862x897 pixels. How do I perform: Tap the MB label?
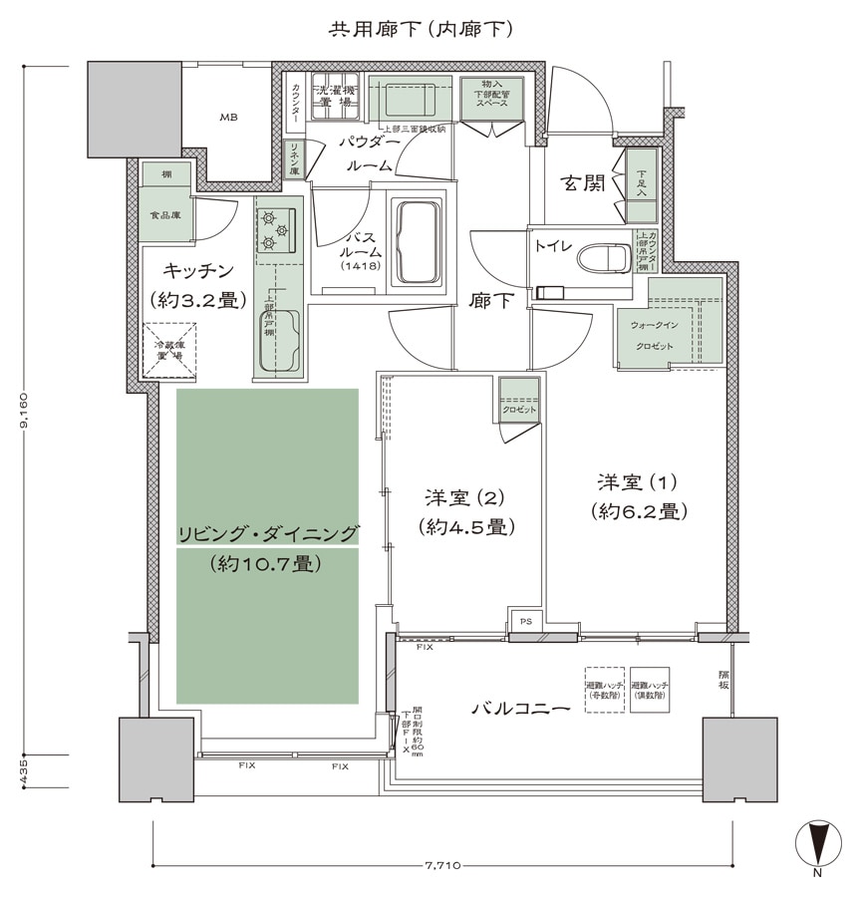(229, 118)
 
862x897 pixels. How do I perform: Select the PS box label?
(526, 619)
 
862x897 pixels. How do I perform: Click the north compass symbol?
(816, 842)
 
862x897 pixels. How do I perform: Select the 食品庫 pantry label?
(164, 214)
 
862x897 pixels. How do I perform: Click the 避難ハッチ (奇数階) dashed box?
(604, 689)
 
